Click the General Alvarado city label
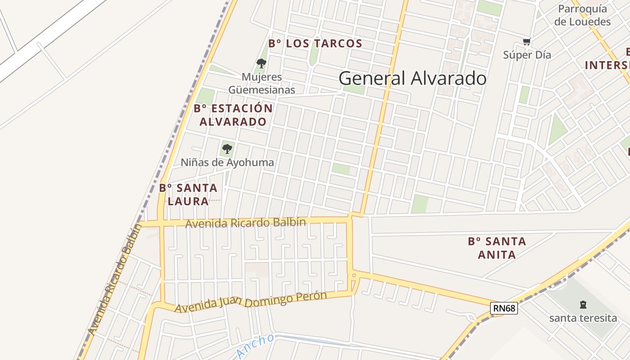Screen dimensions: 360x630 point(412,78)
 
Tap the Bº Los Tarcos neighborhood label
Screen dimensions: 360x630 point(315,44)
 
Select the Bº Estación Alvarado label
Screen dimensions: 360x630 point(233,115)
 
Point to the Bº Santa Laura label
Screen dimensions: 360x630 point(188,194)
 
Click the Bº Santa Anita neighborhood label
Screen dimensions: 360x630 point(497,248)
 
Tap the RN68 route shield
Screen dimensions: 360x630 point(504,308)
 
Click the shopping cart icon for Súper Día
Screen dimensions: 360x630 point(526,42)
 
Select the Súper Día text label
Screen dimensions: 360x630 point(527,55)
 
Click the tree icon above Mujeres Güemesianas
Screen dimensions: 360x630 point(261,63)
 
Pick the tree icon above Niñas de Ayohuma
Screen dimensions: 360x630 point(227,148)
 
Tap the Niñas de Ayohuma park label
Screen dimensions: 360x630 point(227,162)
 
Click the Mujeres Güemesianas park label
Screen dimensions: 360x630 point(261,83)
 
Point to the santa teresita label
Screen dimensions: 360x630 point(583,318)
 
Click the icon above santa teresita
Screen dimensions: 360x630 point(583,305)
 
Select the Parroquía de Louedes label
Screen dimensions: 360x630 point(582,15)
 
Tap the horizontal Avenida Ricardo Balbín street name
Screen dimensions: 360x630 point(246,223)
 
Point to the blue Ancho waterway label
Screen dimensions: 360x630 point(255,346)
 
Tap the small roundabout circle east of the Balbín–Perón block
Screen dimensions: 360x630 point(354,274)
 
